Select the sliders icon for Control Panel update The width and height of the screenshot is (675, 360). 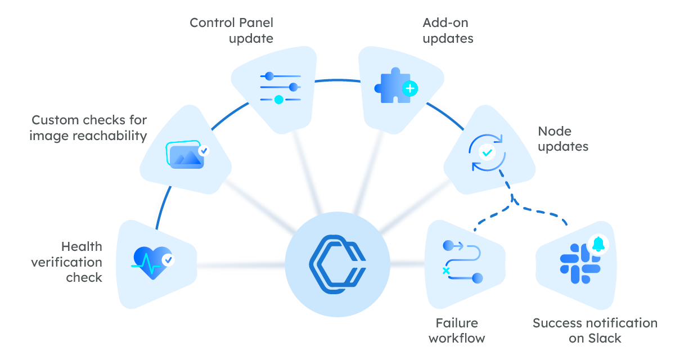coord(280,88)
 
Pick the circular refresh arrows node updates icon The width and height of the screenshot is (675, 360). coord(487,152)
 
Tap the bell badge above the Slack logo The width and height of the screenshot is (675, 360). coord(598,244)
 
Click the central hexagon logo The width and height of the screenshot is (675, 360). coord(337,264)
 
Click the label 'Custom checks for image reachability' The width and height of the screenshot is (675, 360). coord(89,128)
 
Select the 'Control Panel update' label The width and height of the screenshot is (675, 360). coord(231,30)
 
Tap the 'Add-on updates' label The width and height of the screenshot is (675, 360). coord(448,30)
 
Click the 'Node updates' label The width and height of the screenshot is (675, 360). coord(563,139)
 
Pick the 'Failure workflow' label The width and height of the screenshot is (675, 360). coord(457,330)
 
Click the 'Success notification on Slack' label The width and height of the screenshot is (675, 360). coord(595,330)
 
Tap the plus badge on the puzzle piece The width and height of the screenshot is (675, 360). coord(410,88)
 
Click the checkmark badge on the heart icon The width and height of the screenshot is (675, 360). coord(168,260)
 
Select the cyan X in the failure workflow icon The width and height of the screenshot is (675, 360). coord(446,271)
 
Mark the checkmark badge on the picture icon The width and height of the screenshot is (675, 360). coord(204,151)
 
